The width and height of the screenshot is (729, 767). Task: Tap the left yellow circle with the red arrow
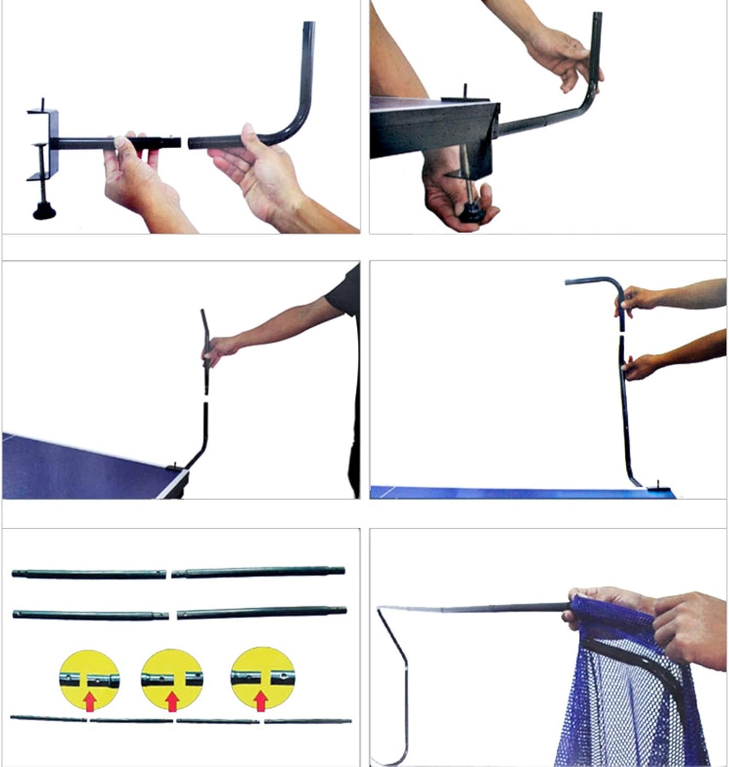click(89, 681)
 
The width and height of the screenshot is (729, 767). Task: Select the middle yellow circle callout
click(172, 681)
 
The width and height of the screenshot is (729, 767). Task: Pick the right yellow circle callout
click(262, 679)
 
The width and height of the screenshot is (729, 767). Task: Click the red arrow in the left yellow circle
click(90, 702)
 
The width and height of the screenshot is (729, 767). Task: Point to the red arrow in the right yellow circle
click(261, 701)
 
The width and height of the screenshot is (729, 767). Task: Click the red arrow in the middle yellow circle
click(172, 702)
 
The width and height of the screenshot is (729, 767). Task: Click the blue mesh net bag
click(634, 690)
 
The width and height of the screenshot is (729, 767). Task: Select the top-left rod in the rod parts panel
click(89, 574)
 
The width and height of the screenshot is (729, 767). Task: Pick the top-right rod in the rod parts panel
click(259, 572)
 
